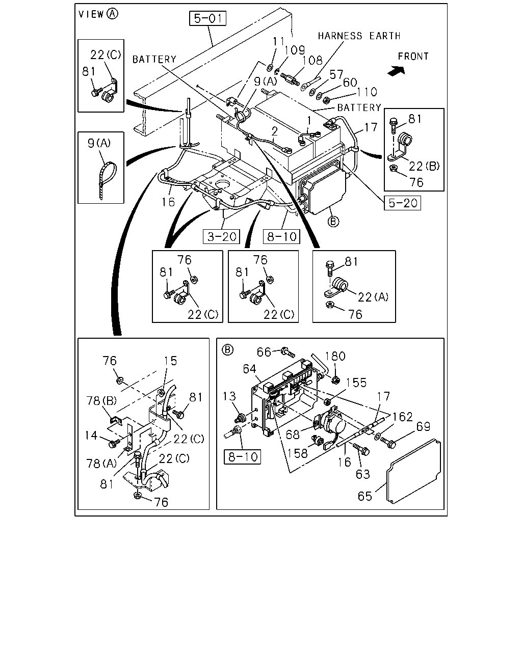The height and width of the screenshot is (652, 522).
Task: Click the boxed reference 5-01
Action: [207, 18]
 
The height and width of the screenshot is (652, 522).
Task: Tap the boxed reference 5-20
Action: [403, 203]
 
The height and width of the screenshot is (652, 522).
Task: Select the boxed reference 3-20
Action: [221, 236]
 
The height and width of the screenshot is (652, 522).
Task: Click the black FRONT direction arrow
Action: [397, 71]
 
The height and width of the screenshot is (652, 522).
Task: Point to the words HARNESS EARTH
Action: [359, 36]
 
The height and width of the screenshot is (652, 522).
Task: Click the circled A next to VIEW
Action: [113, 14]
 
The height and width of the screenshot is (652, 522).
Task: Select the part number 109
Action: [294, 50]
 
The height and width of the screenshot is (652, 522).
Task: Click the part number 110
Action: [367, 92]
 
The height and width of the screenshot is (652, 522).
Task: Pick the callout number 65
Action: [364, 496]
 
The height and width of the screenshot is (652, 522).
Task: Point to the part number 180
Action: [335, 356]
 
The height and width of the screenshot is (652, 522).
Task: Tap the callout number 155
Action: [356, 383]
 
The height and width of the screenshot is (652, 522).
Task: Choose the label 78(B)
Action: [101, 401]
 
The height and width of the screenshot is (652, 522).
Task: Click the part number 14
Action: [91, 436]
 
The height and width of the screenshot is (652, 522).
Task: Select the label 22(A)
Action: [373, 297]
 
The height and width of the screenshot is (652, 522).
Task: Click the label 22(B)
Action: [424, 166]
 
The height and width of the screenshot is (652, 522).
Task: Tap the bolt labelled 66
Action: [288, 352]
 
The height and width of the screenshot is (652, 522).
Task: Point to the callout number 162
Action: [403, 417]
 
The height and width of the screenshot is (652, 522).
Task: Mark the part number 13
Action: [229, 396]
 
